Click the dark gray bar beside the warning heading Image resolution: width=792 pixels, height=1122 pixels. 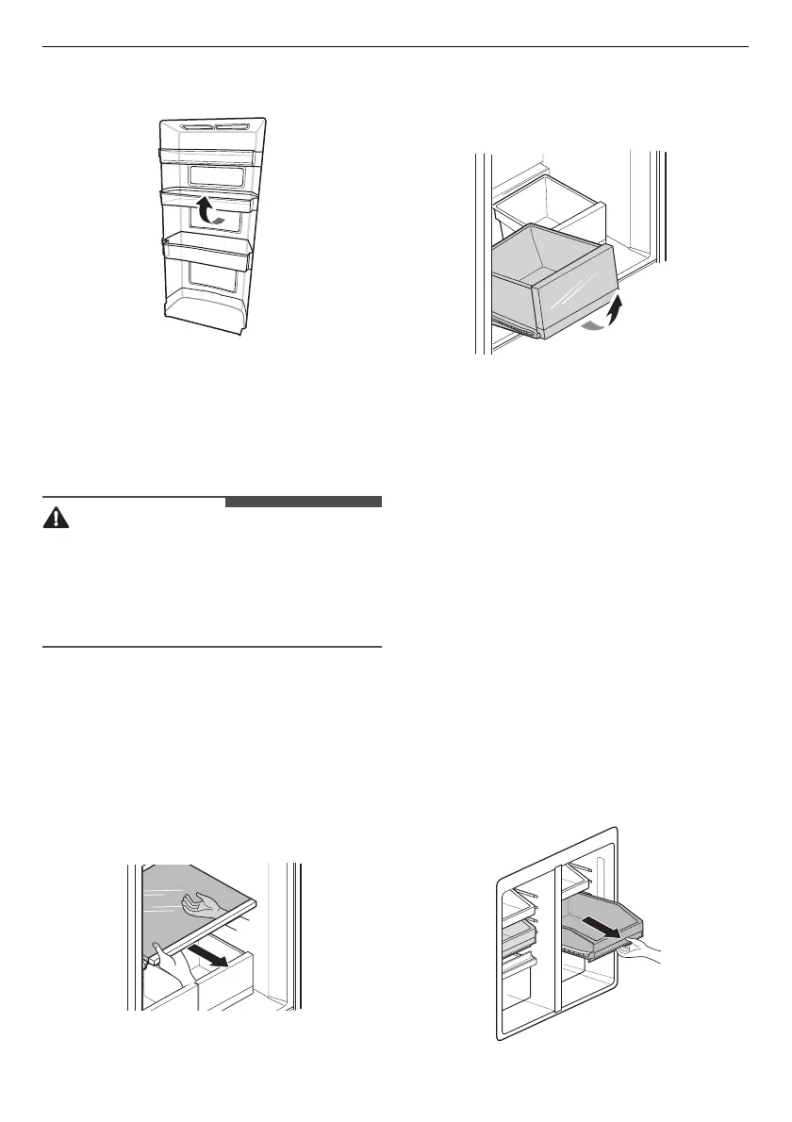point(303,502)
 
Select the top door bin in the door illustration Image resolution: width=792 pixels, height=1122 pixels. point(208,157)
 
